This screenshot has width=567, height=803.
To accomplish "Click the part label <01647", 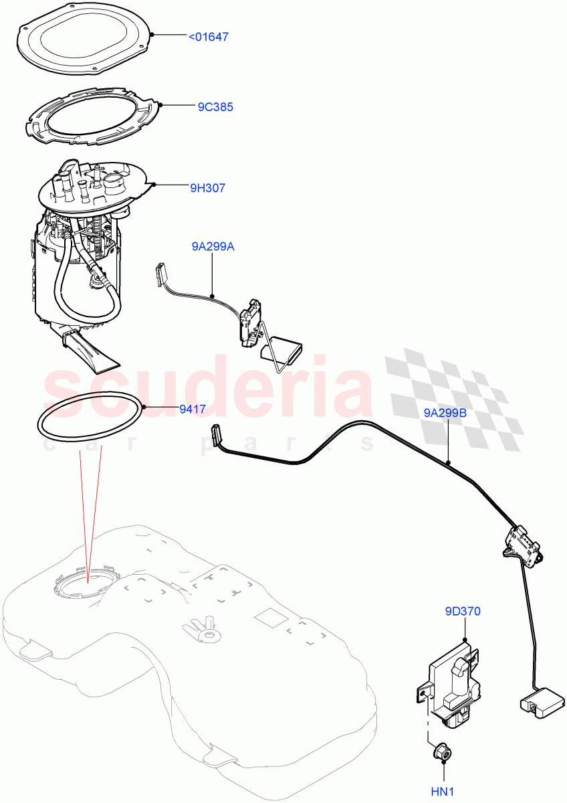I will pyautogui.click(x=208, y=37).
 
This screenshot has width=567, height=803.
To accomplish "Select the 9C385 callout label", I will pyautogui.click(x=215, y=106).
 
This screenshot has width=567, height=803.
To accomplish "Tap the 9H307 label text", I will pyautogui.click(x=207, y=188).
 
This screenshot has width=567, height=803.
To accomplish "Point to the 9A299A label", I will pyautogui.click(x=213, y=247).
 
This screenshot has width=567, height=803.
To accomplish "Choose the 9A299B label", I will pyautogui.click(x=445, y=413).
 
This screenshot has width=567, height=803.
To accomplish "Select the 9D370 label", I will pyautogui.click(x=462, y=611).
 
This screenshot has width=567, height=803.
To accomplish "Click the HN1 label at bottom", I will pyautogui.click(x=443, y=792).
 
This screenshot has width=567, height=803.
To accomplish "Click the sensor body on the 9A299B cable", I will pyautogui.click(x=520, y=543).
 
